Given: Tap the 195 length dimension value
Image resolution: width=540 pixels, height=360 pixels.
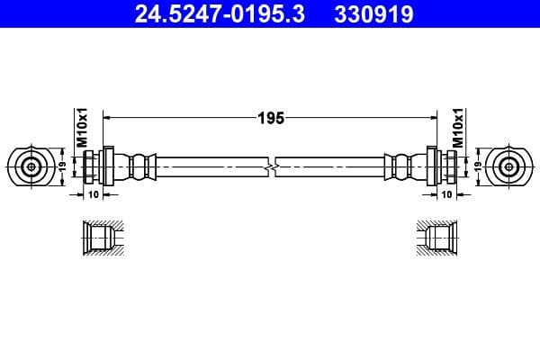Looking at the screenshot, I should [271, 117].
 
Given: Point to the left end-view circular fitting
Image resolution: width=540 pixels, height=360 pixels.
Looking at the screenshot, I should [31, 166].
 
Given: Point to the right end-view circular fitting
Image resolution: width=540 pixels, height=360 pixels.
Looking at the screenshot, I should [508, 166].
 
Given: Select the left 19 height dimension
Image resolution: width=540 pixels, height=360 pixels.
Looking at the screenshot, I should [62, 166].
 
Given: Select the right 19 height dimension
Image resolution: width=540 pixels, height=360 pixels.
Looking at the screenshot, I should [478, 166].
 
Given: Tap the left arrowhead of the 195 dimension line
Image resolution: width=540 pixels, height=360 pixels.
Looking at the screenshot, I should [109, 117].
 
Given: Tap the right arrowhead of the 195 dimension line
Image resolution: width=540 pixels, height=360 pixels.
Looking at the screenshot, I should [432, 117].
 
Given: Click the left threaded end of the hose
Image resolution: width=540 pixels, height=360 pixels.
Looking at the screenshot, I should [93, 166].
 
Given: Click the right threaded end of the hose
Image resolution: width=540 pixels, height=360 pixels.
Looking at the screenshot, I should [447, 166].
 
